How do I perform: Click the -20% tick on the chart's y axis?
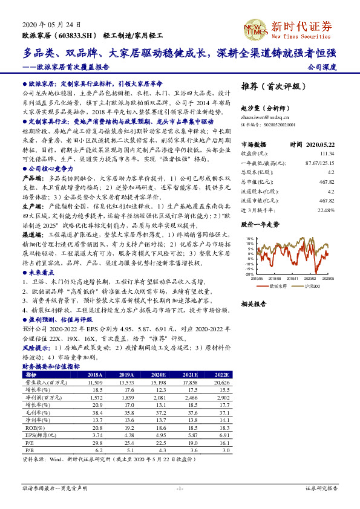tap(249, 274)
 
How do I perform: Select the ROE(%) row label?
tap(31, 426)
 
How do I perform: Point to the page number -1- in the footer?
tap(179, 487)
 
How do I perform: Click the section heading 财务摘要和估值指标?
tap(50, 366)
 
